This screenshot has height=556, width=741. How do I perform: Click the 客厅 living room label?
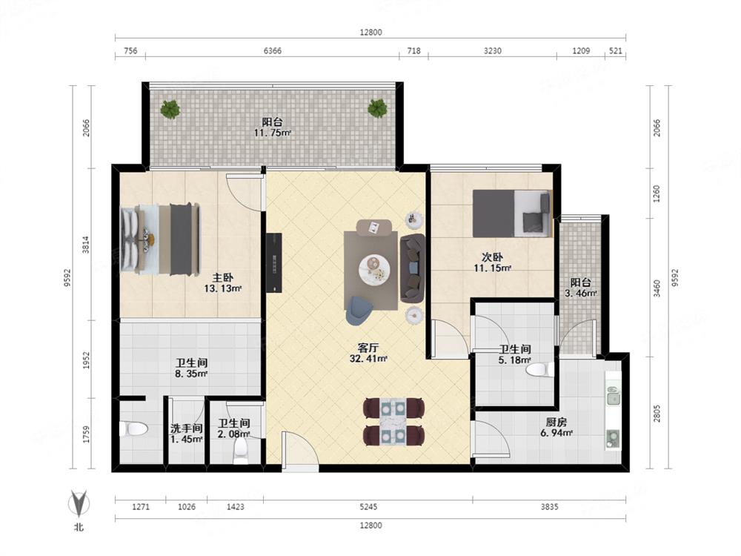pos(368,348)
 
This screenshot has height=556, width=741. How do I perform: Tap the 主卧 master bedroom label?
pos(222,277)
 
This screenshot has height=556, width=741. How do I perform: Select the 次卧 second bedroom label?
pos(492,257)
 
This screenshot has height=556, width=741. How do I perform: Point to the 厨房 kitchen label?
pos(556,422)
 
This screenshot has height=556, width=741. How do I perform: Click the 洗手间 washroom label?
pos(187,428)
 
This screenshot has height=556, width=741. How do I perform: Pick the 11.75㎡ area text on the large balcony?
pos(272,133)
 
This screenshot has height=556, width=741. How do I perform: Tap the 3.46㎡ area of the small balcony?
pos(581,293)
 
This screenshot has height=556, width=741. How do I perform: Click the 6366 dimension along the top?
pos(272,50)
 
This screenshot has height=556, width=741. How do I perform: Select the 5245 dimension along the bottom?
pos(368,507)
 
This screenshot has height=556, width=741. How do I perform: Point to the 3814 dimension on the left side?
pos(86,245)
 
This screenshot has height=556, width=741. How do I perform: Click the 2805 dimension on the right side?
pos(657,414)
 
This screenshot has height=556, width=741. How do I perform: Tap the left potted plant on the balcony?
pos(170,109)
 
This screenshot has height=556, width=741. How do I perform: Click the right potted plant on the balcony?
pos(378,108)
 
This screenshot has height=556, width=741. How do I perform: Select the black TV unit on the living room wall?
pos(274,263)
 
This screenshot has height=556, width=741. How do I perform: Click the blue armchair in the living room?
pos(359,310)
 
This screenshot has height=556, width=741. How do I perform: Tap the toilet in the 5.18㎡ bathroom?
pos(539,370)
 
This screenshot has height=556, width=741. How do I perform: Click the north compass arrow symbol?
pos(79,503)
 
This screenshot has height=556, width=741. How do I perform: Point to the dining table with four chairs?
pos(393,423)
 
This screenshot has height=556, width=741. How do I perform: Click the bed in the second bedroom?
pos(512,214)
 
